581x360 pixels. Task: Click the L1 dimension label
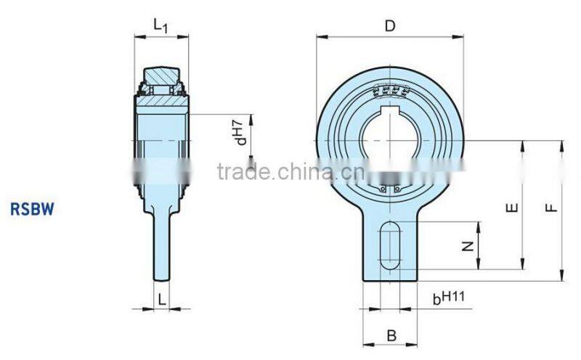[161, 25]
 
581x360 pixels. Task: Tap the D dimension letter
[390, 27]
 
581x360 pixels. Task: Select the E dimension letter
[513, 208]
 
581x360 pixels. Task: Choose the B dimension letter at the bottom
[391, 335]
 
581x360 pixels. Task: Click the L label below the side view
[161, 296]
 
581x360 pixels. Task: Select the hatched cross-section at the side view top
[161, 99]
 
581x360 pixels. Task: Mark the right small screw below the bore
[397, 190]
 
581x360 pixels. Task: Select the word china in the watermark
[298, 172]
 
